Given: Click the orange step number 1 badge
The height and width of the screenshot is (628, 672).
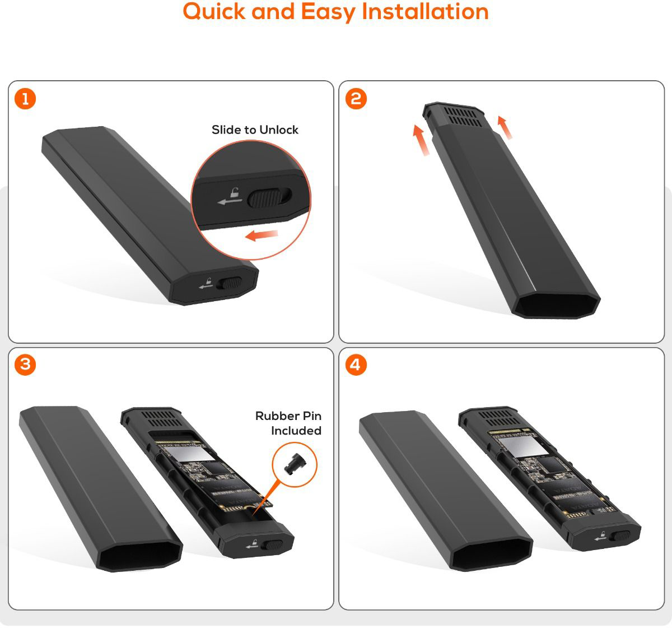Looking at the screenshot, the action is coord(25,99).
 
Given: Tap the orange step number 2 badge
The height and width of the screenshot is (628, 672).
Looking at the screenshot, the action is coord(356,99).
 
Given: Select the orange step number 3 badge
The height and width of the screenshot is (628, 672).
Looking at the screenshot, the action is coord(25,365).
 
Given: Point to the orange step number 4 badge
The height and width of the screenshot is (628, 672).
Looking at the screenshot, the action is coord(356,365).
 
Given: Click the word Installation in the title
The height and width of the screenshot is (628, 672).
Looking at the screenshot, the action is coord(425,12).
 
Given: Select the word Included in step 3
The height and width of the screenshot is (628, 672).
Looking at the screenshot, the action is coord(296,431).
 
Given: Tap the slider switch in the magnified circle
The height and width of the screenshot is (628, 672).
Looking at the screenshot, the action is coord(270,198).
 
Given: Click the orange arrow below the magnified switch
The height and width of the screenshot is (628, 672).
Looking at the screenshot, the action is coord(261,235).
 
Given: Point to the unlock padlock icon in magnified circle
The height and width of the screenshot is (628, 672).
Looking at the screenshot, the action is coord(235,192).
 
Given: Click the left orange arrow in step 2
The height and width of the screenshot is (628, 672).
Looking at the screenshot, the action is coord(421,140).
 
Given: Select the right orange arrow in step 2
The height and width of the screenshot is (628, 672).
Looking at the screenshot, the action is coord(505,127).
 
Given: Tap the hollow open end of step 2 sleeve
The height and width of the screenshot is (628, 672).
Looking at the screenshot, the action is coord(556,304).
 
